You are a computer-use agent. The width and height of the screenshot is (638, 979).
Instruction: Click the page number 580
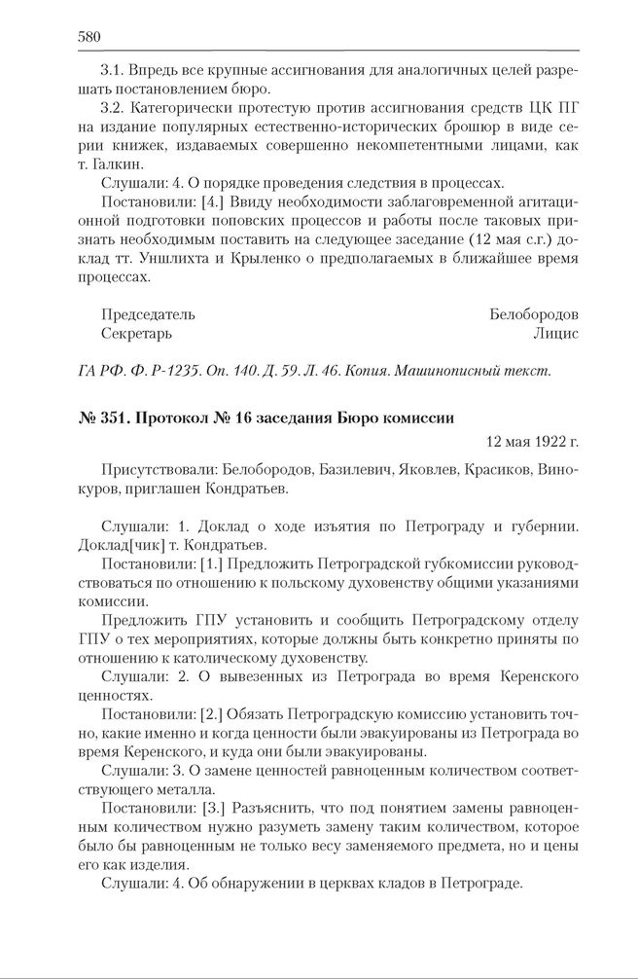[89, 37]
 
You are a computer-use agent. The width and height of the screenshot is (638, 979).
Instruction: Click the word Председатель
[148, 314]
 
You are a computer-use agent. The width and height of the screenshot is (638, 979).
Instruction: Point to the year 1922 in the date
[547, 442]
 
